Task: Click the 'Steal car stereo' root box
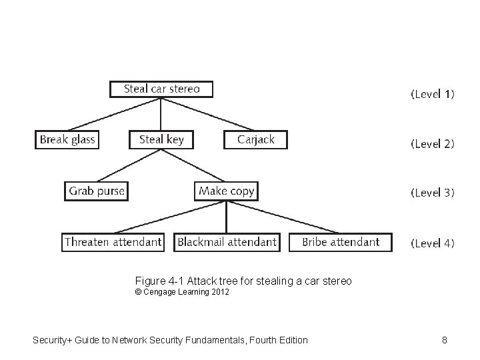(x=161, y=89)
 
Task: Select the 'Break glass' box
(x=67, y=139)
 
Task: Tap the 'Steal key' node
(x=161, y=139)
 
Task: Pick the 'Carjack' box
(x=255, y=139)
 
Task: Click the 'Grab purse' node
(x=97, y=191)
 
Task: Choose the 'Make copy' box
(x=227, y=191)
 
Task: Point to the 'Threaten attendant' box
(x=113, y=242)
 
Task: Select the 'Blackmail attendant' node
(x=227, y=242)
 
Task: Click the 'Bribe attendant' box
(x=341, y=242)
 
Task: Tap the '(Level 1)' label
(x=433, y=94)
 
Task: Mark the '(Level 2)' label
(x=433, y=143)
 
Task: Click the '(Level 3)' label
(x=433, y=193)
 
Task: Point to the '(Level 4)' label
(x=433, y=243)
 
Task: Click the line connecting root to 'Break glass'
(x=113, y=114)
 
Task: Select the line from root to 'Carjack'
(x=208, y=114)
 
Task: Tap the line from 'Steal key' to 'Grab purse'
(x=129, y=165)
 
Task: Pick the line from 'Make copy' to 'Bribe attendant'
(x=283, y=217)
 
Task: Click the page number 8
(x=445, y=340)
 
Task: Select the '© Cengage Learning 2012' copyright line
(x=181, y=293)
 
